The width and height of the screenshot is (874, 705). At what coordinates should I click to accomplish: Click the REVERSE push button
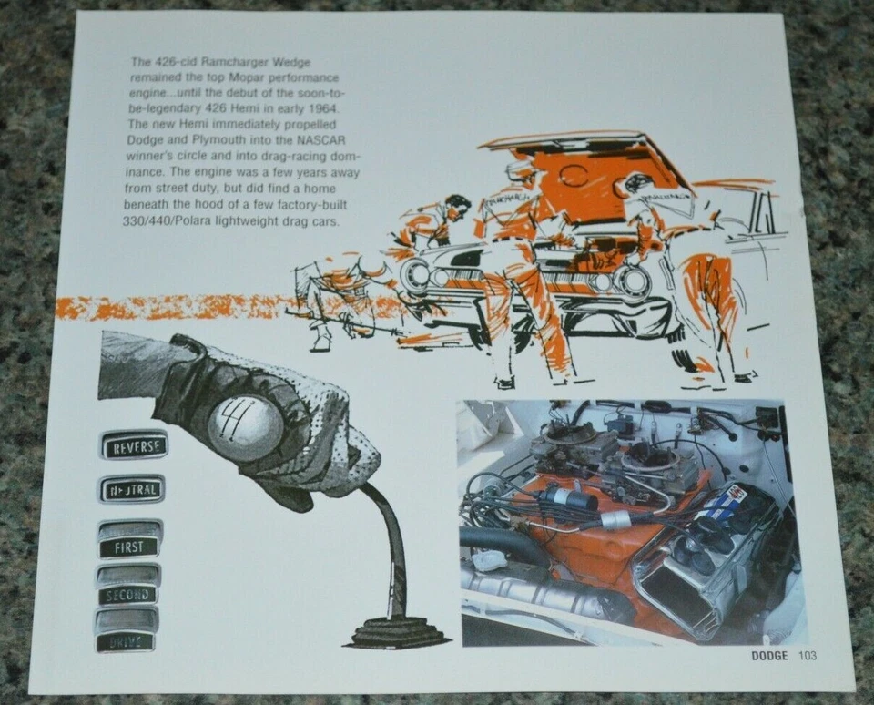(133, 445)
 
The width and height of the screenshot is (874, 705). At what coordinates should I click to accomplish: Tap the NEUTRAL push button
(132, 489)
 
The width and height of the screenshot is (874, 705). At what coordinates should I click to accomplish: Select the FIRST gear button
(129, 547)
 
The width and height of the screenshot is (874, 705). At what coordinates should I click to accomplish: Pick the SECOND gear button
(128, 593)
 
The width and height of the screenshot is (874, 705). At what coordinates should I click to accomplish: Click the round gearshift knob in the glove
(245, 425)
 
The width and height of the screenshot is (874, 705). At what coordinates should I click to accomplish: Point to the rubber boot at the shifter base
(398, 628)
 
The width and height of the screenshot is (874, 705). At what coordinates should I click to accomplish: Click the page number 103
(808, 655)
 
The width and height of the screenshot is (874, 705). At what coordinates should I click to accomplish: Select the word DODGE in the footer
(769, 655)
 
